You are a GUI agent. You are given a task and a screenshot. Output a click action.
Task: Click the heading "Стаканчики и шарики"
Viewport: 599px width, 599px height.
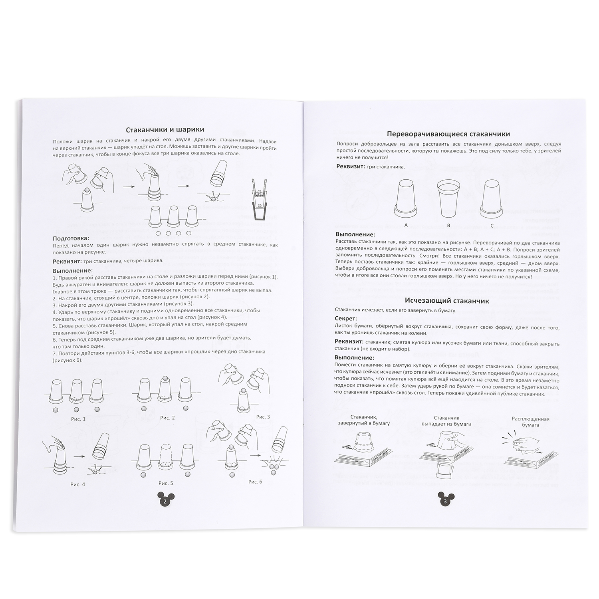point(165,130)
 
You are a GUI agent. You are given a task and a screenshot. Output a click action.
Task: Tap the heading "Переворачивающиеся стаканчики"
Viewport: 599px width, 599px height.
point(448,134)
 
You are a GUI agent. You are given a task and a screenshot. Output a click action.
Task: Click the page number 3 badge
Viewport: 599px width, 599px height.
point(446,500)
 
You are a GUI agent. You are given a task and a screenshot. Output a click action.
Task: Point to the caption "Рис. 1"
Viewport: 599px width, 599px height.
point(78,419)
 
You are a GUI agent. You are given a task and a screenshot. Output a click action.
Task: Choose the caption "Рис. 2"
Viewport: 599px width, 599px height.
point(167,418)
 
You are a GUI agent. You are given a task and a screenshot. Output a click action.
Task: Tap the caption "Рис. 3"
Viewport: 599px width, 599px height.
point(263,417)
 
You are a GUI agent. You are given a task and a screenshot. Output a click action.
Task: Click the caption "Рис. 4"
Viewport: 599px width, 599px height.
point(77,484)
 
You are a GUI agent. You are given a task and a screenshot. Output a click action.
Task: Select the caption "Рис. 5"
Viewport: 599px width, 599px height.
point(166,483)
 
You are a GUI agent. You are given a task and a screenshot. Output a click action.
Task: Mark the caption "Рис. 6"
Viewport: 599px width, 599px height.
point(255,482)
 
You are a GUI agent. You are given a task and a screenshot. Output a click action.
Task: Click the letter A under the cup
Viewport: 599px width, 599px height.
point(406,225)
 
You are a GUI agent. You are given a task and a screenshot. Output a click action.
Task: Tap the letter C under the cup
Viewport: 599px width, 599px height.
point(492,226)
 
